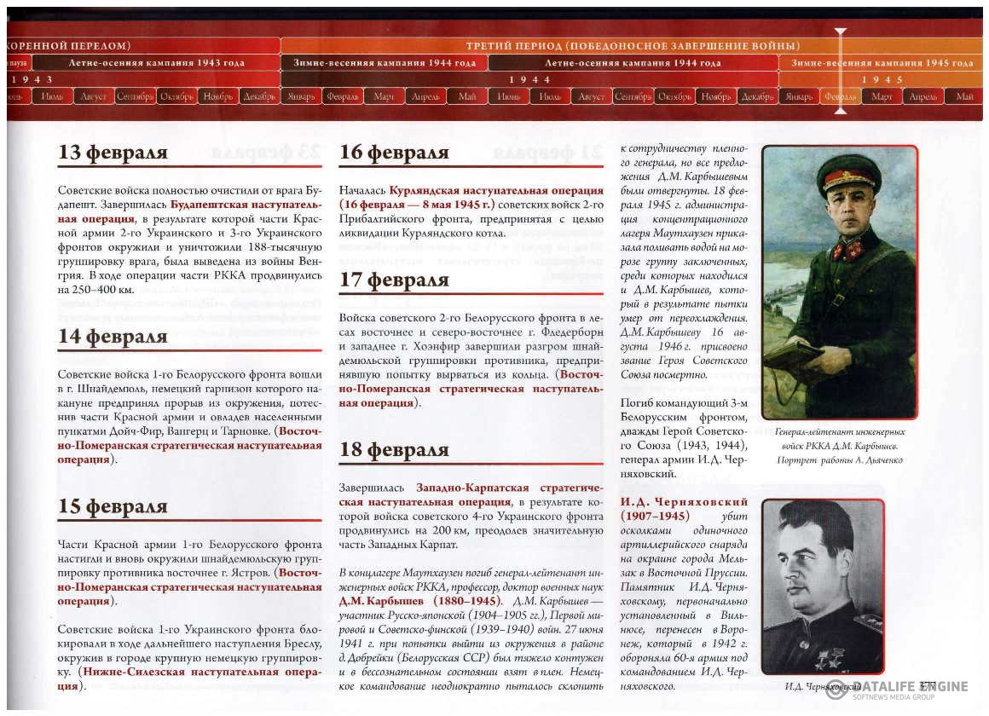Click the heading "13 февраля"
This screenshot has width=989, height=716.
pos(113,153)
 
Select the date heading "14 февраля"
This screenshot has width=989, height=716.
pos(113,337)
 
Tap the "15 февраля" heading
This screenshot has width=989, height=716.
pos(113,506)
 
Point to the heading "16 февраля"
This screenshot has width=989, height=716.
pos(394,153)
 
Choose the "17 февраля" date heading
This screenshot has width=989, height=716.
pos(394,280)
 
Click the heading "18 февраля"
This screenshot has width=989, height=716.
pos(394,451)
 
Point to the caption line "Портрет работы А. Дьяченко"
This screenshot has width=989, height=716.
pos(840,460)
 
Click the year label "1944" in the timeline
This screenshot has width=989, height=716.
pos(529,79)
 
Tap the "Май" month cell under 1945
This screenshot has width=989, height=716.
pos(964,96)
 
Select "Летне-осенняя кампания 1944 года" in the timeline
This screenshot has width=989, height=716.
pos(633,63)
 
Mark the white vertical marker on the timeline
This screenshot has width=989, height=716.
pos(841,68)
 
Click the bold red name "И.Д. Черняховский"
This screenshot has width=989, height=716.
pos(673,502)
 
